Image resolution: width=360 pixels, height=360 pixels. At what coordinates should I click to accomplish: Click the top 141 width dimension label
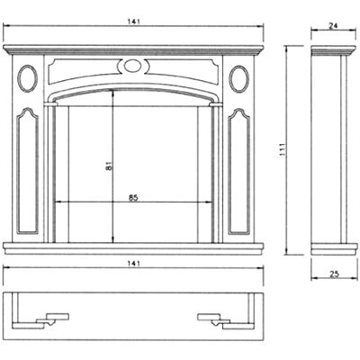133,22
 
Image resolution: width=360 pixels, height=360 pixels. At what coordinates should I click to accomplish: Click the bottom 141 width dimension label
133,264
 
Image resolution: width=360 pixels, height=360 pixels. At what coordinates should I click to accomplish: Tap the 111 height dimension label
283,149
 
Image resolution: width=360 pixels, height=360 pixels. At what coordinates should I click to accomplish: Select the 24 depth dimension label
333,26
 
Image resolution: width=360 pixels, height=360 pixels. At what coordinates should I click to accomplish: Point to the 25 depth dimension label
334,274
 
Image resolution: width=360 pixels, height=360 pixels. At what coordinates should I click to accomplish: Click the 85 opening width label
133,198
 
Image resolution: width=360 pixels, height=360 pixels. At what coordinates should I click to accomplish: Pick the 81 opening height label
109,166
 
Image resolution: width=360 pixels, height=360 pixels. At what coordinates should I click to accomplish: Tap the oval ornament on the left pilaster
28,78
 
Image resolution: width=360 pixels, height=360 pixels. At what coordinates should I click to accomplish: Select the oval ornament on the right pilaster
238,78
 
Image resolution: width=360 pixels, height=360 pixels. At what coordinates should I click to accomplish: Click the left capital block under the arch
50,104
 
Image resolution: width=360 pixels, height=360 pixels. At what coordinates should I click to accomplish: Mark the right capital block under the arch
216,104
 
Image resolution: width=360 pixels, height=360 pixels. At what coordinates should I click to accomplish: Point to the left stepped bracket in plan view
40,321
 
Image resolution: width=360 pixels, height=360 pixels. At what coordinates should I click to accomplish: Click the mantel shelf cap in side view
334,50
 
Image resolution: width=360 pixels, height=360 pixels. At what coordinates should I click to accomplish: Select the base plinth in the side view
334,249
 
